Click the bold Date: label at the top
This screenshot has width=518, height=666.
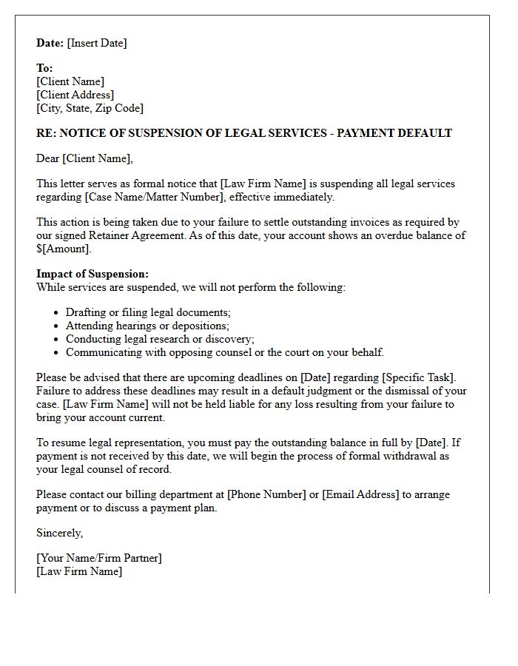point(50,43)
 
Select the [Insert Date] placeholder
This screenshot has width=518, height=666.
point(97,43)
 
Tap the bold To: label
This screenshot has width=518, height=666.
point(45,68)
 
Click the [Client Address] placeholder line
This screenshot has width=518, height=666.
point(75,95)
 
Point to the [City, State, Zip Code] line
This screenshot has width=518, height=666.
point(90,108)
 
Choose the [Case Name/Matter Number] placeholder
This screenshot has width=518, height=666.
point(156,197)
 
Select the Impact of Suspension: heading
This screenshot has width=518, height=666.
point(92,274)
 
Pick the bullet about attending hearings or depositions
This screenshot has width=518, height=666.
point(147,326)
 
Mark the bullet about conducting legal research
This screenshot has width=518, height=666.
point(160,339)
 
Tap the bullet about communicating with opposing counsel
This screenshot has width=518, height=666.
point(225,352)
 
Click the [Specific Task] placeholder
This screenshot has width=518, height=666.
point(425,377)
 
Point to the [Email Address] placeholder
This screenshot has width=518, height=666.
point(360,494)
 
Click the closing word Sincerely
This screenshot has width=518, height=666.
point(59,533)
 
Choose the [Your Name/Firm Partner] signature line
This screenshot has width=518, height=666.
point(99,558)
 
